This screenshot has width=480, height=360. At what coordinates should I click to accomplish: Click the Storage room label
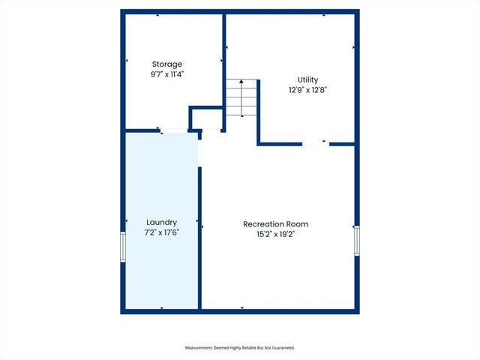point(167,64)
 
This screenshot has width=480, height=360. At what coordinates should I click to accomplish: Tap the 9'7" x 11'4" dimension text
point(167,74)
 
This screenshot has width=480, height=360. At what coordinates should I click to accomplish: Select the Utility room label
point(308,79)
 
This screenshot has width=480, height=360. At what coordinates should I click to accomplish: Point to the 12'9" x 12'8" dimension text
point(308,89)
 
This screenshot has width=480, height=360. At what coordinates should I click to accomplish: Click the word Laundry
point(161,222)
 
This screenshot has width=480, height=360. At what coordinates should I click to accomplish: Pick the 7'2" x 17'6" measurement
point(161,232)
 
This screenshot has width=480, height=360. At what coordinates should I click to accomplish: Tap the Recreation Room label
point(275,224)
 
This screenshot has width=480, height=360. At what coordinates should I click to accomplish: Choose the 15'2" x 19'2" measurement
point(275,234)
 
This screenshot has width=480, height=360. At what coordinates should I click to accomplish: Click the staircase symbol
point(241,98)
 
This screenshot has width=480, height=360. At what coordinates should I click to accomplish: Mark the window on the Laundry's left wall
point(123,247)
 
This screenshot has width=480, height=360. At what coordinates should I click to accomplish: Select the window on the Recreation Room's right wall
point(357,241)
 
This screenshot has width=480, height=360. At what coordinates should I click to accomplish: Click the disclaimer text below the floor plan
point(240,348)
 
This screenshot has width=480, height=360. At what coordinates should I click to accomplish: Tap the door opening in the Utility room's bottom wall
point(315,143)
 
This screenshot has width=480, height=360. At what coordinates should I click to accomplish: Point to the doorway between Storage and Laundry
point(174,131)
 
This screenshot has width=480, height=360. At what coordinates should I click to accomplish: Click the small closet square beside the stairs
point(206,118)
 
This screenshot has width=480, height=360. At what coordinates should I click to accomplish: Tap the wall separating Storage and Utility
point(223,60)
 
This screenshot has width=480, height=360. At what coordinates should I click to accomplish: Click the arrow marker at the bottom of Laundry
point(161,307)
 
